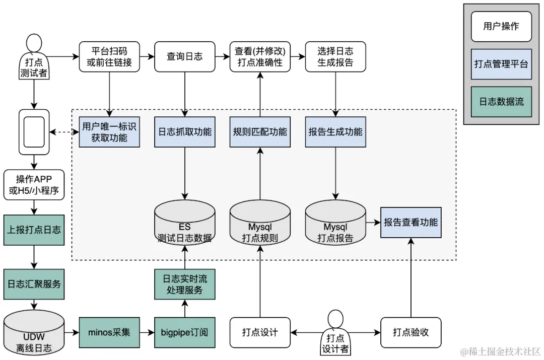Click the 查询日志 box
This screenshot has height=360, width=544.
point(184,57)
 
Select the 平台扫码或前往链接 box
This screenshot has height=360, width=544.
point(109,57)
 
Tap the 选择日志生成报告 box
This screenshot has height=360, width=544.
point(335,57)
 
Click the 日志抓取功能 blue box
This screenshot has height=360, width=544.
point(184,132)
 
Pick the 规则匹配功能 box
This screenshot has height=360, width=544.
point(260,132)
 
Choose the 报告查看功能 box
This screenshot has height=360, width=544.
point(411,223)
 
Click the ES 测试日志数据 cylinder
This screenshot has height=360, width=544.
point(184,225)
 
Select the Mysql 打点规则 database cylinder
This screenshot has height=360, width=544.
point(260,225)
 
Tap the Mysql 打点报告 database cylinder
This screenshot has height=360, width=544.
point(335,225)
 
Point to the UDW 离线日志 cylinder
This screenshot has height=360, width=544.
point(34,334)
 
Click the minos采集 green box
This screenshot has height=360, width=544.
point(109,332)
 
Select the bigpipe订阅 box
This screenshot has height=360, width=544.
point(184,332)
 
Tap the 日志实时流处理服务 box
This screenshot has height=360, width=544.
point(184,284)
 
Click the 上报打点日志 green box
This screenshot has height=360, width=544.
point(34,230)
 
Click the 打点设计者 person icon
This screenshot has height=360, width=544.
point(335,332)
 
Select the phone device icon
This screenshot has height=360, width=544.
point(34,132)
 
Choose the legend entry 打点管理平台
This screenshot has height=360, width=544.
point(501,64)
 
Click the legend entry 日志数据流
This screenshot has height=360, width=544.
point(501,102)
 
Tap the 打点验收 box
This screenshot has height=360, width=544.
point(411,332)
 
